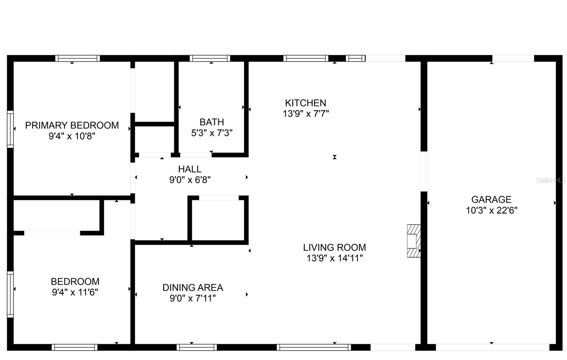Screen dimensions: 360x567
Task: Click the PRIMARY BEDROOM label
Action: [x=72, y=125]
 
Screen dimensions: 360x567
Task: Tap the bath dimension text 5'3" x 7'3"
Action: [x=212, y=133]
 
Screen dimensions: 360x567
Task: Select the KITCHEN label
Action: [x=305, y=103]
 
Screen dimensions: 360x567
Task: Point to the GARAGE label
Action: [x=491, y=199]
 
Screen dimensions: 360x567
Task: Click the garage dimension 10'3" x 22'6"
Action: [x=491, y=210]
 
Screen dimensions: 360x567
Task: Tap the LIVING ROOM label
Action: [x=334, y=247]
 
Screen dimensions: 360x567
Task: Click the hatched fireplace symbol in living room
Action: [x=413, y=241]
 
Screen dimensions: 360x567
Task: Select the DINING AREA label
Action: [x=192, y=287]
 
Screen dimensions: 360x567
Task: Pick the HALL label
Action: [x=190, y=169]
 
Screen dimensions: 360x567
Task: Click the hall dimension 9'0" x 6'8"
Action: [x=190, y=180]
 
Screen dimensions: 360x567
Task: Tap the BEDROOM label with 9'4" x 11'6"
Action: [x=75, y=281]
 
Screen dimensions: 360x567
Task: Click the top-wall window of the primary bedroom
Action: [x=77, y=58]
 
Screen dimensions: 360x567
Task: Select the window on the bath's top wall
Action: [x=210, y=58]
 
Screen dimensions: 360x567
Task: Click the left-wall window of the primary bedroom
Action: [x=10, y=129]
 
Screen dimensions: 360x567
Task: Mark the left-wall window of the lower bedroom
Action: [x=10, y=294]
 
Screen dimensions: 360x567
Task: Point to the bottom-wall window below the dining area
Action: [x=196, y=347]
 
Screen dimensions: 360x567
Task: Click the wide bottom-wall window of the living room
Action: [x=314, y=347]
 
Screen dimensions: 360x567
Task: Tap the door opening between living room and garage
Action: [x=423, y=171]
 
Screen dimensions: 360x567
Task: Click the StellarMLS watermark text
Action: [x=550, y=180]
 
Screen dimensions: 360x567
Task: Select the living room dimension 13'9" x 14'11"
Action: [x=334, y=258]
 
